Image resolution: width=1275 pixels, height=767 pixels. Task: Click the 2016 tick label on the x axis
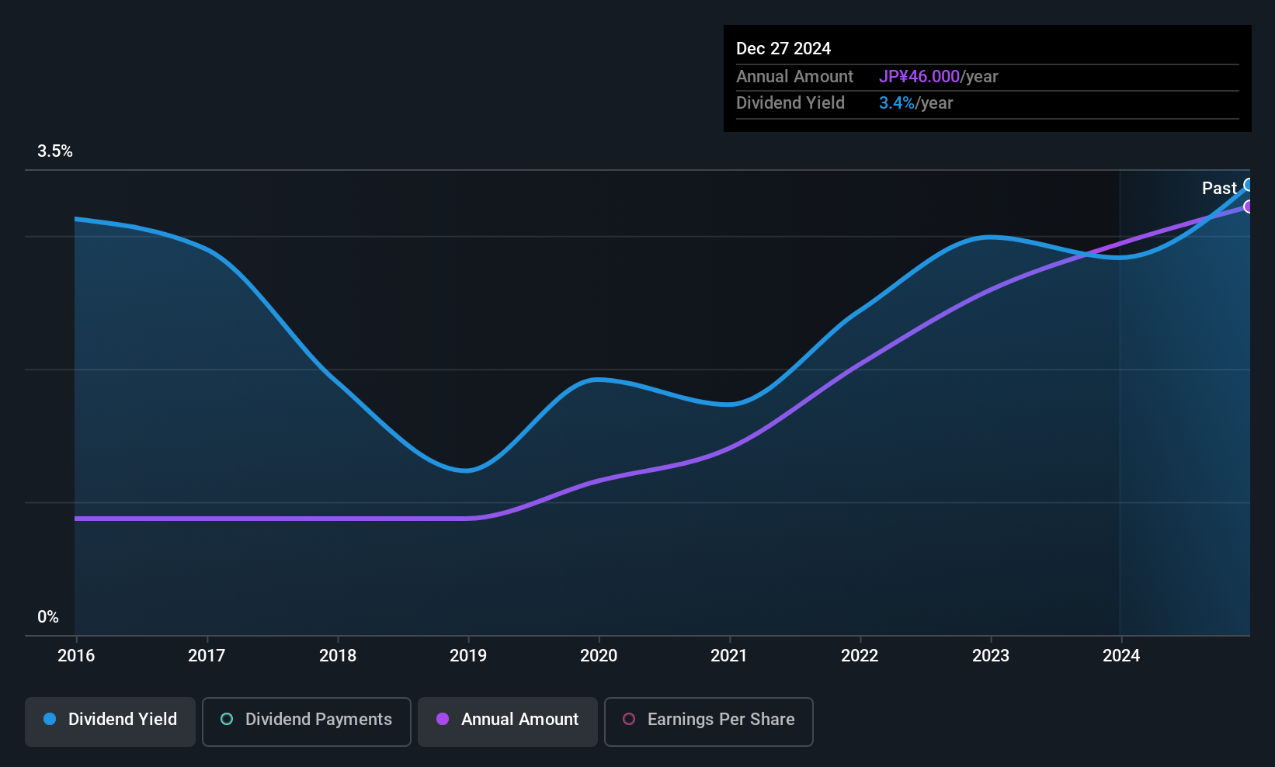pyautogui.click(x=76, y=655)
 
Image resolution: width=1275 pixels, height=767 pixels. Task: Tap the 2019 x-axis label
pyautogui.click(x=468, y=655)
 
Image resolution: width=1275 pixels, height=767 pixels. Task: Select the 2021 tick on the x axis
pyautogui.click(x=729, y=655)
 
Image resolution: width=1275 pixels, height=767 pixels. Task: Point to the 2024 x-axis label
pyautogui.click(x=1121, y=655)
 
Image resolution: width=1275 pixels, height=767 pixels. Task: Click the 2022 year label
pyautogui.click(x=860, y=655)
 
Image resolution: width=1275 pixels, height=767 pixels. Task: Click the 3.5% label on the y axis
pyautogui.click(x=54, y=151)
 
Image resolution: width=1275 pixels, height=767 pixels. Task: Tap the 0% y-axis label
pyautogui.click(x=48, y=616)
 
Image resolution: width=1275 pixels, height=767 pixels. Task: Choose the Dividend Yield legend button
pyautogui.click(x=110, y=720)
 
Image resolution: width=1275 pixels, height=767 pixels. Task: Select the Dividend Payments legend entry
pyautogui.click(x=307, y=720)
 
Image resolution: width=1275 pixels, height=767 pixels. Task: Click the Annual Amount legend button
pyautogui.click(x=508, y=720)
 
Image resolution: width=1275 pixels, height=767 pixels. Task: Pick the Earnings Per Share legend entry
pyautogui.click(x=708, y=720)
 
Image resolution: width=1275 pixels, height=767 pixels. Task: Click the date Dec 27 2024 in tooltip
pyautogui.click(x=783, y=48)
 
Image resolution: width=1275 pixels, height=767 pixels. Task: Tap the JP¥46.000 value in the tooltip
pyautogui.click(x=919, y=76)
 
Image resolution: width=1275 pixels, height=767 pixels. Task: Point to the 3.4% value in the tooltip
pyautogui.click(x=896, y=102)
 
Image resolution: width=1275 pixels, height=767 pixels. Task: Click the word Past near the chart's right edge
pyautogui.click(x=1219, y=188)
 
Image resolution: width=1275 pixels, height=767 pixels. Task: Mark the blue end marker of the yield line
pyautogui.click(x=1249, y=185)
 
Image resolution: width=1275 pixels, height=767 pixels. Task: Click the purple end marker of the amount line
pyautogui.click(x=1249, y=206)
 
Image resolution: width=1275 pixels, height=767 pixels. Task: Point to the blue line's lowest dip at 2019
pyautogui.click(x=466, y=470)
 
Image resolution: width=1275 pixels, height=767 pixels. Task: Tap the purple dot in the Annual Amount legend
pyautogui.click(x=443, y=719)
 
